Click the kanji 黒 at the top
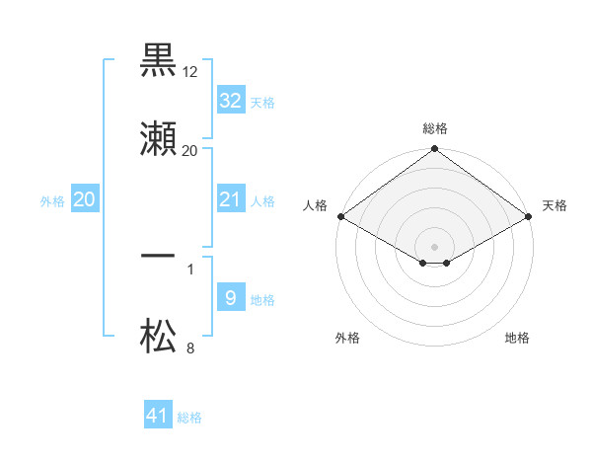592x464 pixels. pyautogui.click(x=159, y=60)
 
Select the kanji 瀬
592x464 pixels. pyautogui.click(x=159, y=139)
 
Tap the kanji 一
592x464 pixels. pyautogui.click(x=159, y=256)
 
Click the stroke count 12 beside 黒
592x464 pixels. pyautogui.click(x=190, y=72)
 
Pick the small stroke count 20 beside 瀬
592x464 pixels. pyautogui.click(x=190, y=151)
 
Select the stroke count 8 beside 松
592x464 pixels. pyautogui.click(x=190, y=348)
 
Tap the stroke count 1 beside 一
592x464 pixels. pyautogui.click(x=190, y=268)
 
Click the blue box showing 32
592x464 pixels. pyautogui.click(x=230, y=100)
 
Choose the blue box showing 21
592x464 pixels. pyautogui.click(x=230, y=199)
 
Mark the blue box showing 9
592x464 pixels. pyautogui.click(x=230, y=297)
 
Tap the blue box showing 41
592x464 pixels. pyautogui.click(x=158, y=416)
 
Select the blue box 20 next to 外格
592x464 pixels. pyautogui.click(x=84, y=199)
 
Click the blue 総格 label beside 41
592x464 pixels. pyautogui.click(x=189, y=418)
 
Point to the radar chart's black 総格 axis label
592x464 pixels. pyautogui.click(x=435, y=128)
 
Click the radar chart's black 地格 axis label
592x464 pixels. pyautogui.click(x=517, y=339)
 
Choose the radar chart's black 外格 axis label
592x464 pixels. pyautogui.click(x=347, y=339)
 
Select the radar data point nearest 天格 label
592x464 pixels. pyautogui.click(x=530, y=216)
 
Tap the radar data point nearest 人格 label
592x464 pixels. pyautogui.click(x=340, y=216)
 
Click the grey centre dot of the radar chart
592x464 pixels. pyautogui.click(x=435, y=246)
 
